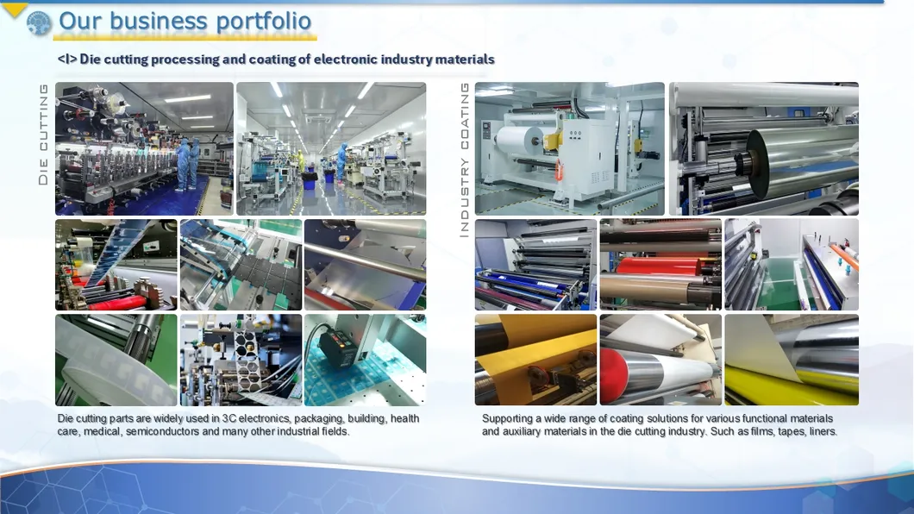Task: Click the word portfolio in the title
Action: [264, 21]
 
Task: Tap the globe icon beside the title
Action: [39, 22]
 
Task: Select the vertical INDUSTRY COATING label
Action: [464, 160]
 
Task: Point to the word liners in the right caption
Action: [823, 431]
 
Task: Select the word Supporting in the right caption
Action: [509, 419]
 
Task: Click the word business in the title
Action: [161, 21]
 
